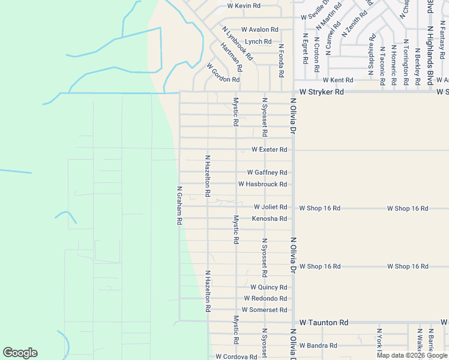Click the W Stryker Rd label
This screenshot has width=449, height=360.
coord(322,92)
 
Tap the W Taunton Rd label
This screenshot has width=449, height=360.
coord(324,322)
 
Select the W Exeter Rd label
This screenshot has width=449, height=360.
coord(270,149)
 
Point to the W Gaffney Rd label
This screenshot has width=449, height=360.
coord(267,173)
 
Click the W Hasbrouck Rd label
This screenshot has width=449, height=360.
coord(262,184)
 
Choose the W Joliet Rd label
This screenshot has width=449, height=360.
coord(270,207)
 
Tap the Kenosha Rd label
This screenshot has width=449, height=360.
coord(269,218)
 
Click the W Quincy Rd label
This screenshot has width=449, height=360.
coord(269,287)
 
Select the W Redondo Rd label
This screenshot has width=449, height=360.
coord(265,299)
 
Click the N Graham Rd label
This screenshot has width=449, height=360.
coord(179,205)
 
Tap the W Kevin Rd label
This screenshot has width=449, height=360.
coord(244,6)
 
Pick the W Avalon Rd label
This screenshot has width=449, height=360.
coord(260,29)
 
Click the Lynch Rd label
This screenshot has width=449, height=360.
coord(258,41)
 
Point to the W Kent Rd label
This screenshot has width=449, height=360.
coord(337,80)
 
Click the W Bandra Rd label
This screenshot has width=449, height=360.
coord(319,346)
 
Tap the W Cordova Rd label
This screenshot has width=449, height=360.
coord(237,356)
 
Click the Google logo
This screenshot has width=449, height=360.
coord(20,353)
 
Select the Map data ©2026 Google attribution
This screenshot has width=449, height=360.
coord(411,355)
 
